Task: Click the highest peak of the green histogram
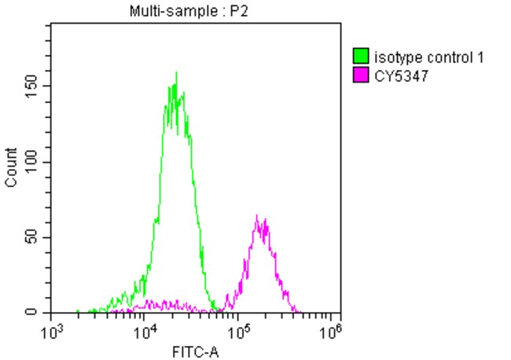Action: [x=176, y=73]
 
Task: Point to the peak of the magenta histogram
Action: [x=257, y=215]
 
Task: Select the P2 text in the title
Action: [x=233, y=11]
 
